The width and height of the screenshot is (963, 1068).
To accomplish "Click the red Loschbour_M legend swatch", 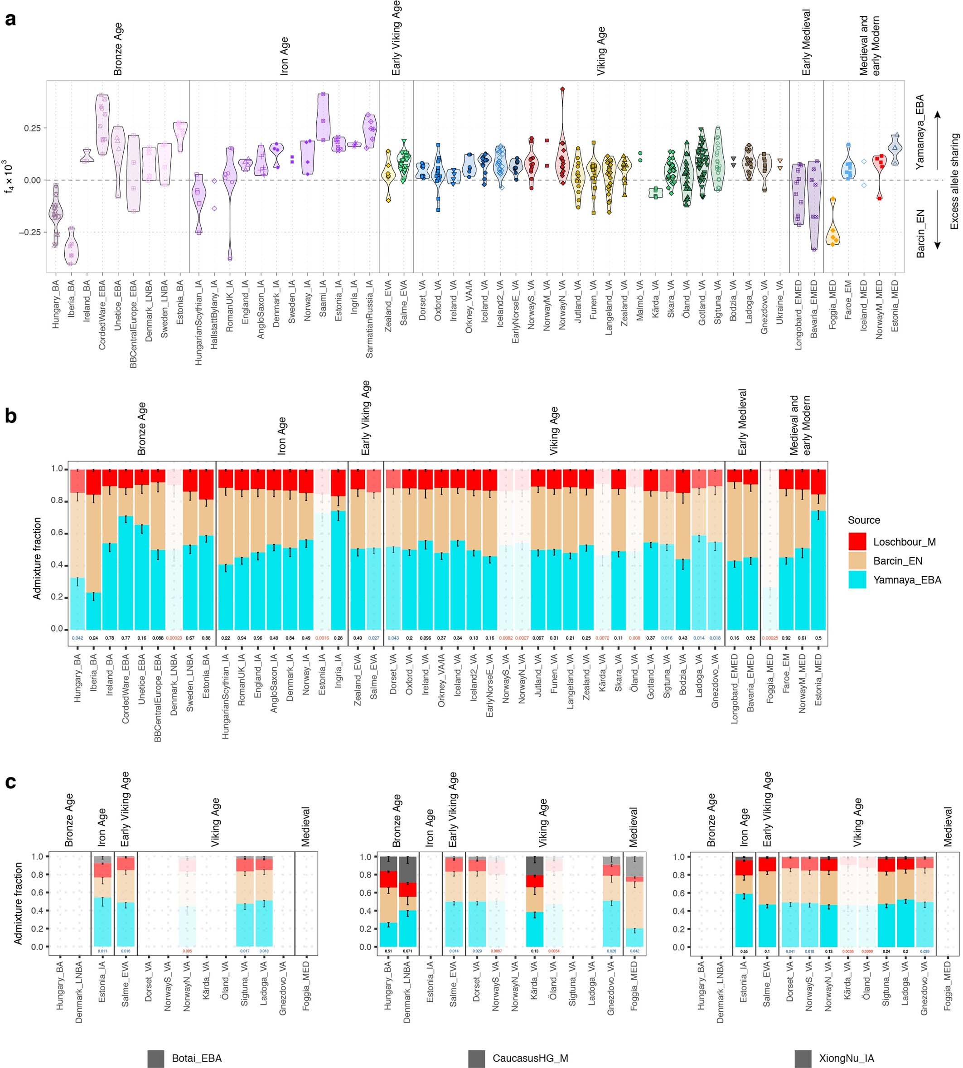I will [x=857, y=541].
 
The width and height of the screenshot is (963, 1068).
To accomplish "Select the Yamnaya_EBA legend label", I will [x=907, y=580].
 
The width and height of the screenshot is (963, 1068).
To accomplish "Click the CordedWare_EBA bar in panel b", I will [x=126, y=550].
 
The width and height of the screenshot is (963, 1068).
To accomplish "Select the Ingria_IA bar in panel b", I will [x=338, y=550].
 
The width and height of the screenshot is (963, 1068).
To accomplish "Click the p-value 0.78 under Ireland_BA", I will [x=110, y=638].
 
